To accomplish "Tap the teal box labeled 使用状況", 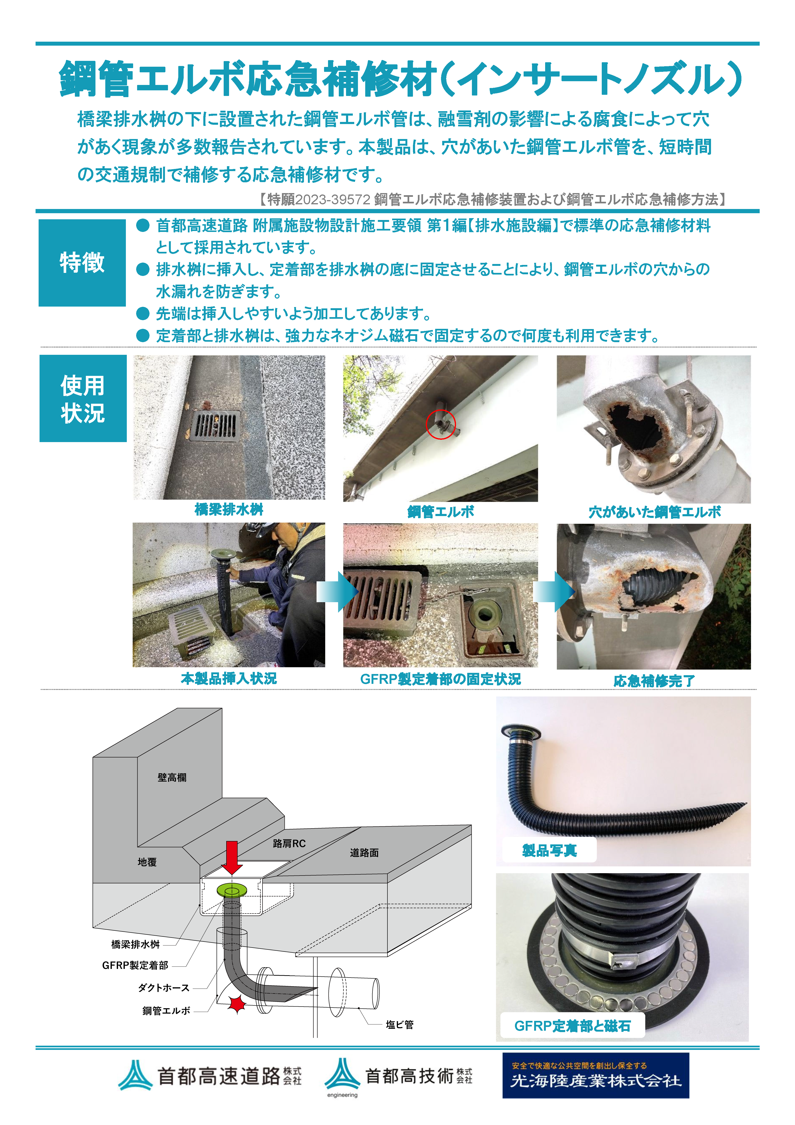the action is pyautogui.click(x=83, y=398).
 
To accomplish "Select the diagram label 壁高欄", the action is pyautogui.click(x=172, y=778).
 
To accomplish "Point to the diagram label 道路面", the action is pyautogui.click(x=364, y=853).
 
